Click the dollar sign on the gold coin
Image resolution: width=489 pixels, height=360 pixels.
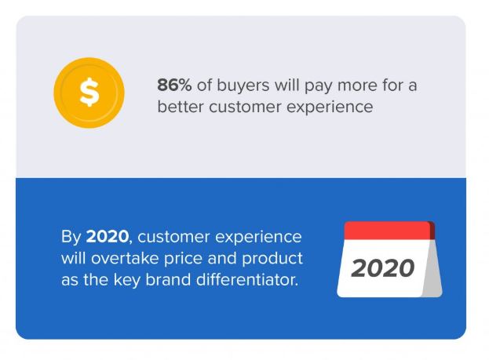point(89,93)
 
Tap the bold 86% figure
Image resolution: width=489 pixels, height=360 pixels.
point(174,85)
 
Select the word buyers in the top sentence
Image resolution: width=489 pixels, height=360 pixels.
point(243,86)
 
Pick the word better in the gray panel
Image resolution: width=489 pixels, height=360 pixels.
point(181,107)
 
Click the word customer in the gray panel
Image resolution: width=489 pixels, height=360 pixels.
point(245,108)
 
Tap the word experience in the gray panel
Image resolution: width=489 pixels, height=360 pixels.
point(330,108)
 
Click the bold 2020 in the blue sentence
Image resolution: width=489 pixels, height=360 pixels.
point(107,237)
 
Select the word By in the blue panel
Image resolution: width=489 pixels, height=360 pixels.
point(71,238)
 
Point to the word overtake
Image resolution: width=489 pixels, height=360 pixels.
point(125,258)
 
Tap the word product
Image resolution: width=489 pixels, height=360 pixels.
point(272,260)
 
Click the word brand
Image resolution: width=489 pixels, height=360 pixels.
point(168,279)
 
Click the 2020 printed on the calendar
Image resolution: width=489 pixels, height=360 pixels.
point(383,268)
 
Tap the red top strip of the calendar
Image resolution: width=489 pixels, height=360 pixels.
point(387,231)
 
